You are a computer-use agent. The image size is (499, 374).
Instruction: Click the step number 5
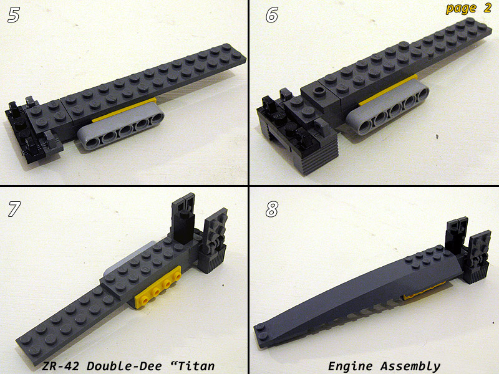point(14,15)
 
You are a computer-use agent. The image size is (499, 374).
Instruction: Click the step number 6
point(272,15)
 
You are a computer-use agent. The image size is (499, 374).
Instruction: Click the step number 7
point(14,209)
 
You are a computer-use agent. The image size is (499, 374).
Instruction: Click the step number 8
point(272,209)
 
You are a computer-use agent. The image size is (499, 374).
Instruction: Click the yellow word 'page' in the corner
point(461,9)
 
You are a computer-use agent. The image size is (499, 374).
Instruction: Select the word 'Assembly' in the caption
point(410,367)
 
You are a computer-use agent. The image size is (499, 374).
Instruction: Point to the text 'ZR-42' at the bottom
point(61,366)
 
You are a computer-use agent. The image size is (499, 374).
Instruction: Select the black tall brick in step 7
point(183,227)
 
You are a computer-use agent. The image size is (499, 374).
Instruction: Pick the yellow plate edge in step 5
point(124,110)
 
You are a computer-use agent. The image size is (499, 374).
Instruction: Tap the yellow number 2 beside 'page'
point(487,7)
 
